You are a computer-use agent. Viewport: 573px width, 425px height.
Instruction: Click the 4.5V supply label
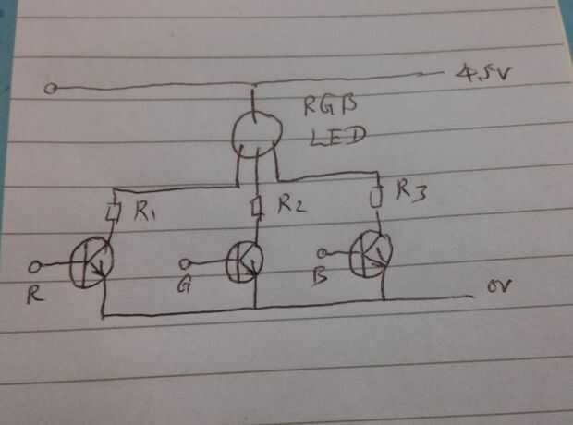click(x=482, y=73)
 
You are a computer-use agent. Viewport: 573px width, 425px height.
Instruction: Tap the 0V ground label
click(x=499, y=286)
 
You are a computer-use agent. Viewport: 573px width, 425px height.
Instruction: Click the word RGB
click(x=330, y=105)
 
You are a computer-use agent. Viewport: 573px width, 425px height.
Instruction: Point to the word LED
click(x=337, y=137)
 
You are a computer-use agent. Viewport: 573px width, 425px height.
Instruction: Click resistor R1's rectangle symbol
click(x=114, y=212)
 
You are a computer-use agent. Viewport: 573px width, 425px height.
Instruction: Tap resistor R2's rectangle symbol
click(x=257, y=206)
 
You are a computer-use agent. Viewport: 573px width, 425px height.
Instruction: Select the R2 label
click(x=292, y=204)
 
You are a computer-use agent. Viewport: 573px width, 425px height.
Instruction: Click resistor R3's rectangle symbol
click(x=376, y=197)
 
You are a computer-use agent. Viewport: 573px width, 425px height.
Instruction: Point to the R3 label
click(x=411, y=190)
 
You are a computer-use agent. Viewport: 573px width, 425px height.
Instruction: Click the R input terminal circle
click(x=35, y=267)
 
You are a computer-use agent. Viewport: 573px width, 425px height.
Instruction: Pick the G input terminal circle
click(x=185, y=263)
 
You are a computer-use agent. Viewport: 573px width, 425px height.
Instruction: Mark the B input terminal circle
click(x=323, y=253)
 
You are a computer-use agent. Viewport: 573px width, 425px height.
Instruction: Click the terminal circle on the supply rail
click(x=51, y=89)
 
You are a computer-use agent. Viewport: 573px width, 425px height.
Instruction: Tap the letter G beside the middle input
click(x=184, y=285)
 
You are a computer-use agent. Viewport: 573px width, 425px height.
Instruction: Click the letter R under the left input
click(x=35, y=295)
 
